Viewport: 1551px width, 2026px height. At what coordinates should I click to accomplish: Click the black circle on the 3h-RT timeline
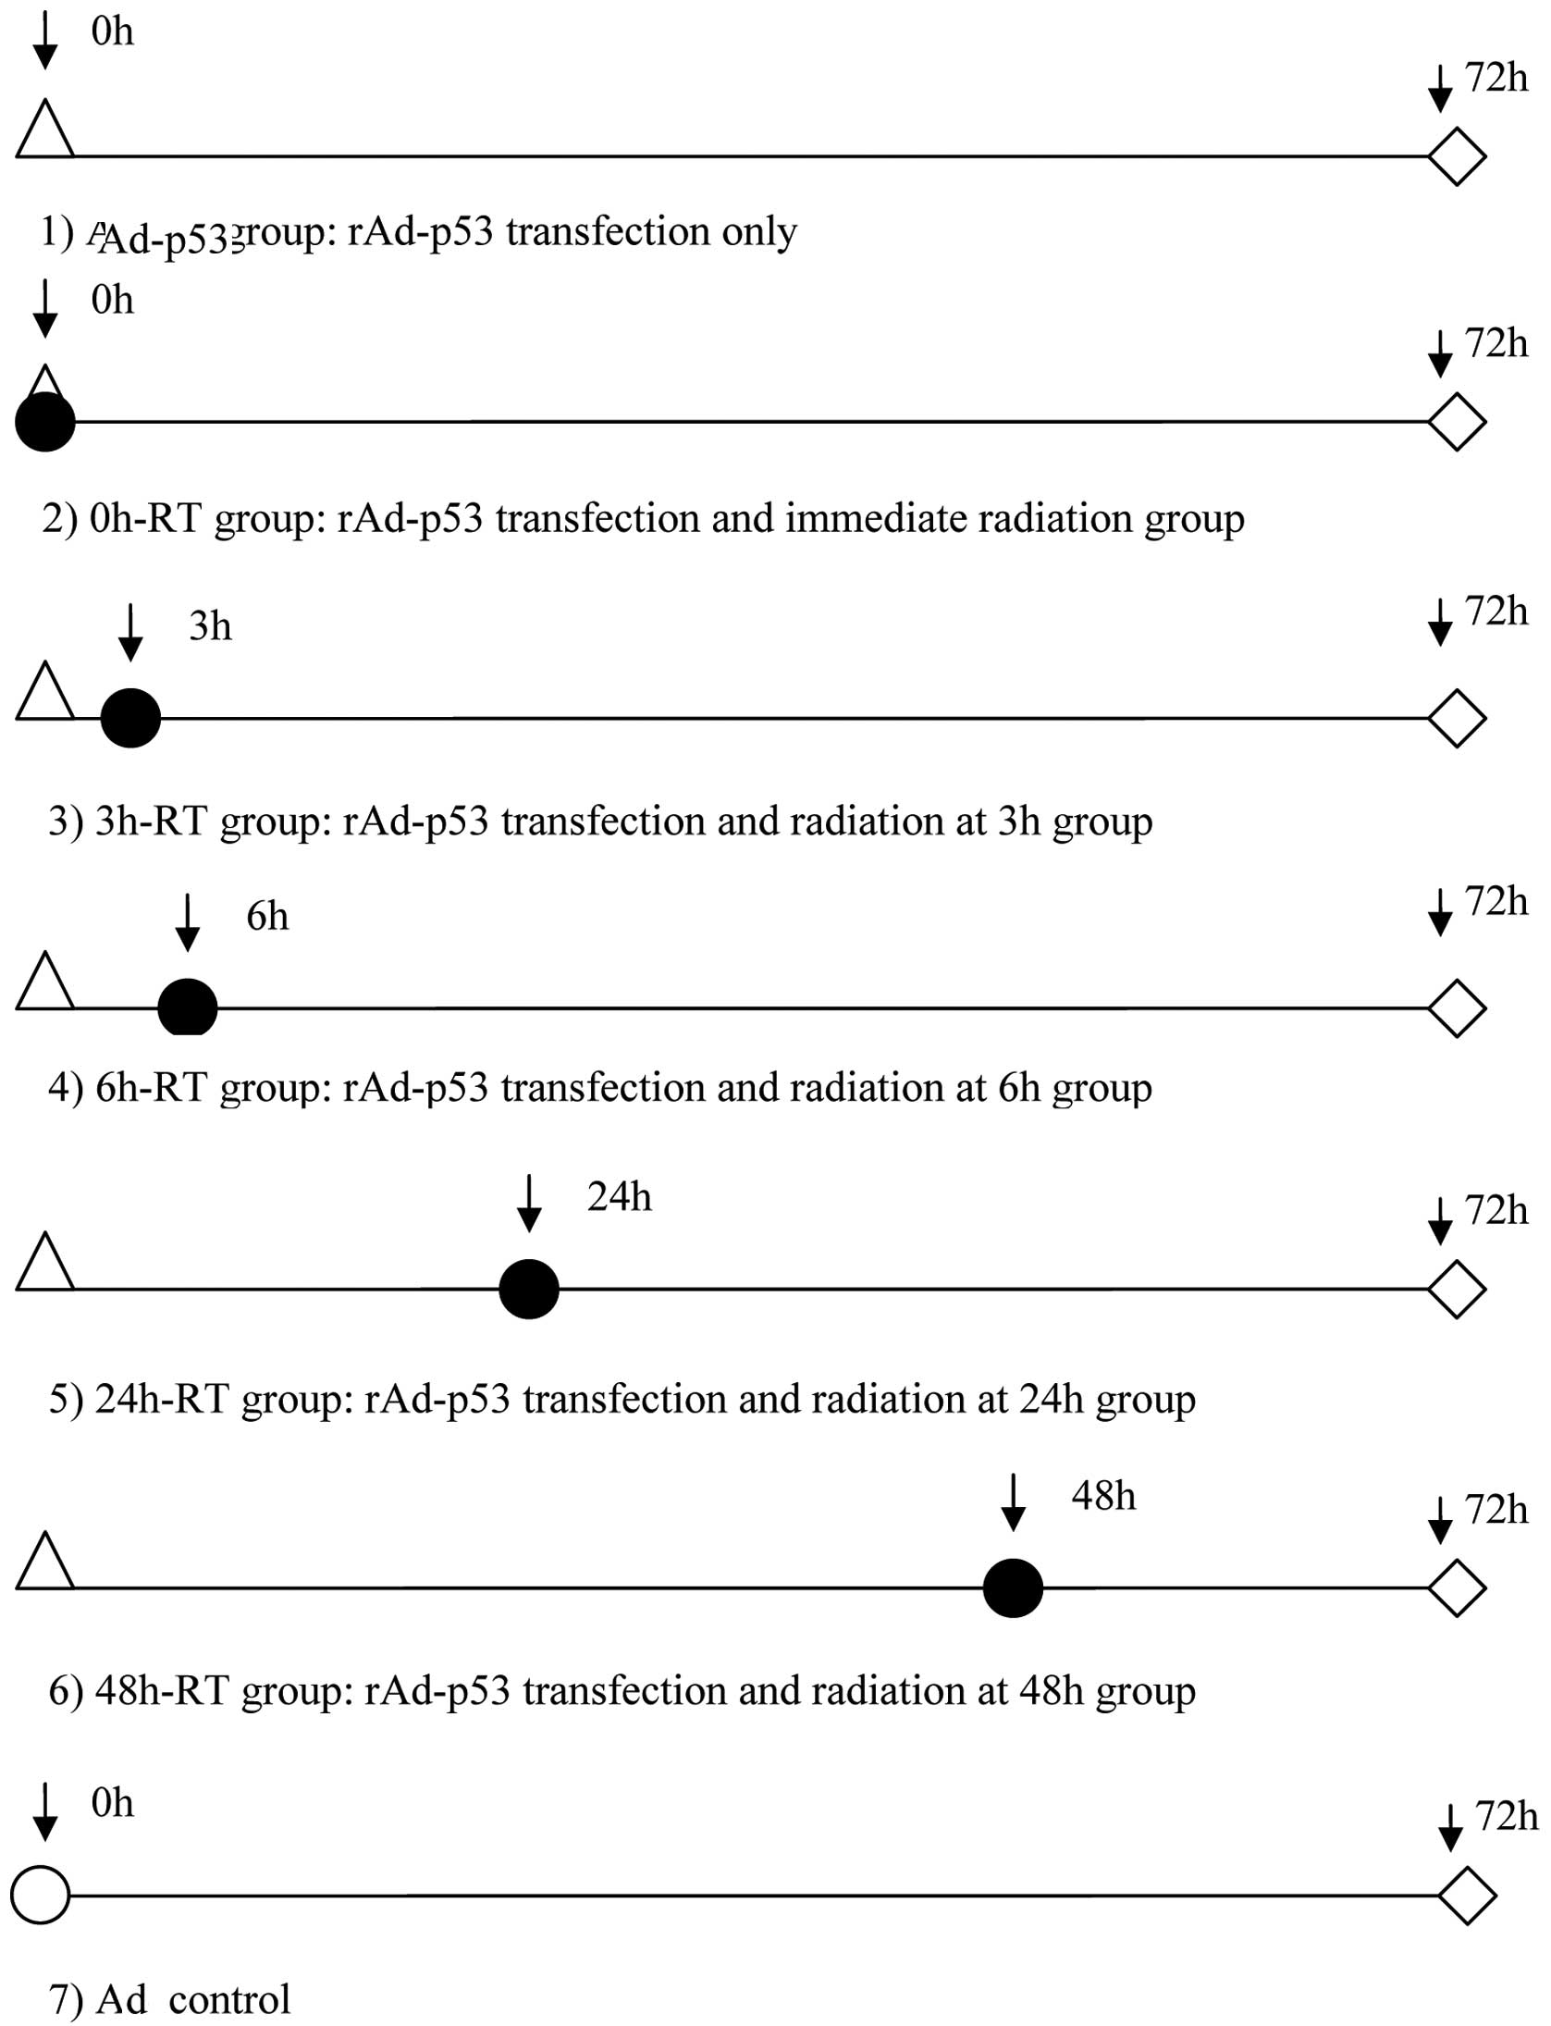point(130,718)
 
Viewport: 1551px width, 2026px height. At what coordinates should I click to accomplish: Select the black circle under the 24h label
point(529,1289)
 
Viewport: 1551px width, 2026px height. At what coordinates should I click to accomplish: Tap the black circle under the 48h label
point(1013,1588)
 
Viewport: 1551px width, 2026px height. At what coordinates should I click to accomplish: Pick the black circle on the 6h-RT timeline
point(188,1007)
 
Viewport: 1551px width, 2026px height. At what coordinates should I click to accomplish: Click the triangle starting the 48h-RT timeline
point(45,1563)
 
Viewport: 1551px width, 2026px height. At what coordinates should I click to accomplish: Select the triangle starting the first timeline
point(45,131)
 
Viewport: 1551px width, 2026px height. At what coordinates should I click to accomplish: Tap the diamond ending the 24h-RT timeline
point(1458,1289)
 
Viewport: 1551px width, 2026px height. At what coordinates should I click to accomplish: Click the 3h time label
point(210,626)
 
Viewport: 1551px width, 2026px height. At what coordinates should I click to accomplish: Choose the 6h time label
point(267,916)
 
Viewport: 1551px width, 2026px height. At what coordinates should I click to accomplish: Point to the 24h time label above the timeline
point(619,1197)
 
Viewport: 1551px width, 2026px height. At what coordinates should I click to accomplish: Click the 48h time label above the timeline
point(1103,1496)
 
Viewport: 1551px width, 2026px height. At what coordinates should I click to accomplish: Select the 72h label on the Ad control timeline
point(1507,1816)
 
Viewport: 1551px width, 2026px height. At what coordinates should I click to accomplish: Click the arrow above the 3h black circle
point(130,633)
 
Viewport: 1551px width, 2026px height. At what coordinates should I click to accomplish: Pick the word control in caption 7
point(229,2000)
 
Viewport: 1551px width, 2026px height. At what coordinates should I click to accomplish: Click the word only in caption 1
point(758,231)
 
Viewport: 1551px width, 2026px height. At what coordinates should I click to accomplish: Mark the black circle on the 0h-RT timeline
point(45,423)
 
